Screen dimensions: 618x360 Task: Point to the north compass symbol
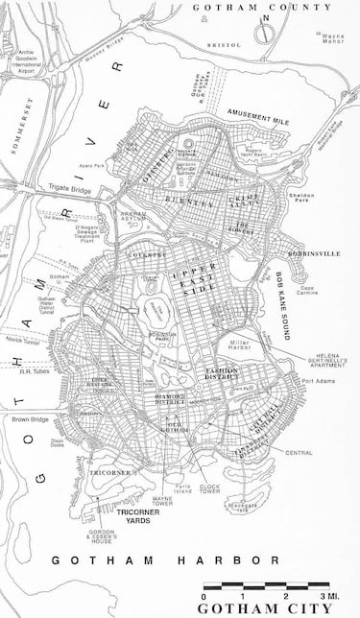tap(266, 29)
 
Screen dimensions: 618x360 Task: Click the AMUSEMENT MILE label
tap(257, 112)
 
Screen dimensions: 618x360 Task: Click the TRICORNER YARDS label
tap(139, 517)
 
